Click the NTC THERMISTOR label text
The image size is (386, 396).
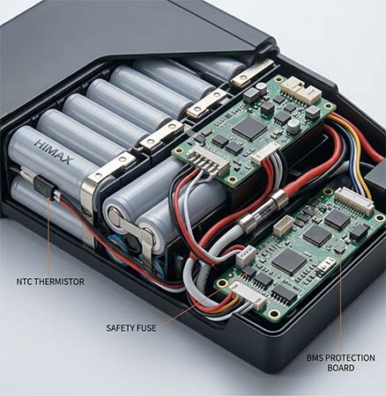click(50, 282)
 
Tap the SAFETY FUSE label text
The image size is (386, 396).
click(131, 327)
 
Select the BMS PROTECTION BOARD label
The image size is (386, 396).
click(341, 363)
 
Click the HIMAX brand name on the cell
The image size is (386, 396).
click(54, 151)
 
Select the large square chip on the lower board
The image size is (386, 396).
click(289, 261)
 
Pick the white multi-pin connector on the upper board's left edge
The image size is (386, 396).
click(209, 162)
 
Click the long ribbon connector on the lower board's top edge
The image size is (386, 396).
click(354, 202)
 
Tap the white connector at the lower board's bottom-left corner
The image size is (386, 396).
click(249, 296)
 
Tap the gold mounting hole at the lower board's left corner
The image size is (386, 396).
click(222, 283)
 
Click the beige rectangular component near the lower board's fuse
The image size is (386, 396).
click(283, 226)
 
